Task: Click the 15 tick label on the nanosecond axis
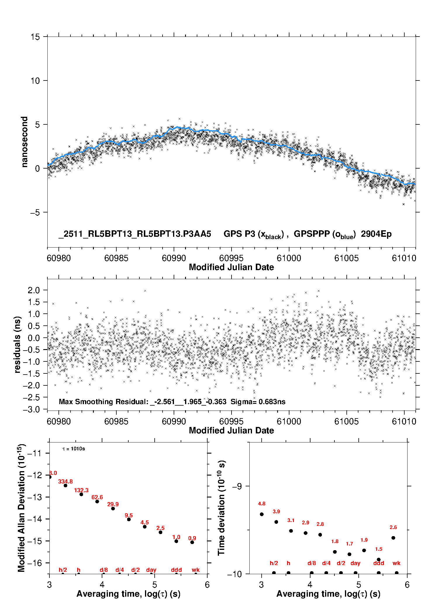pyautogui.click(x=35, y=37)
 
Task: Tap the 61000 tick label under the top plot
pyautogui.click(x=289, y=258)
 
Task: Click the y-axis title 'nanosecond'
pyautogui.click(x=24, y=142)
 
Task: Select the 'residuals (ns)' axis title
pyautogui.click(x=18, y=344)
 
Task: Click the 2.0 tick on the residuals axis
pyautogui.click(x=34, y=290)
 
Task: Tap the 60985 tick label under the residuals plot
pyautogui.click(x=116, y=421)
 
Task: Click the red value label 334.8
pyautogui.click(x=65, y=481)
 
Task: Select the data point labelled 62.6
pyautogui.click(x=97, y=502)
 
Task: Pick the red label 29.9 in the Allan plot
pyautogui.click(x=113, y=504)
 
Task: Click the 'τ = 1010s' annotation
pyautogui.click(x=74, y=449)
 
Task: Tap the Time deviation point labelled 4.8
pyautogui.click(x=262, y=514)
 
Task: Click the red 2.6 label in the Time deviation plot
pyautogui.click(x=393, y=527)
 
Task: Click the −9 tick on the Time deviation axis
pyautogui.click(x=237, y=486)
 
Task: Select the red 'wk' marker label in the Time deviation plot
pyautogui.click(x=396, y=563)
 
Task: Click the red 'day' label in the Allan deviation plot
pyautogui.click(x=151, y=570)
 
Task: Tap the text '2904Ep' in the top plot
pyautogui.click(x=376, y=234)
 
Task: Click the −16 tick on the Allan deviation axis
pyautogui.click(x=34, y=563)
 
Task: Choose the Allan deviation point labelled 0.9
pyautogui.click(x=192, y=542)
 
